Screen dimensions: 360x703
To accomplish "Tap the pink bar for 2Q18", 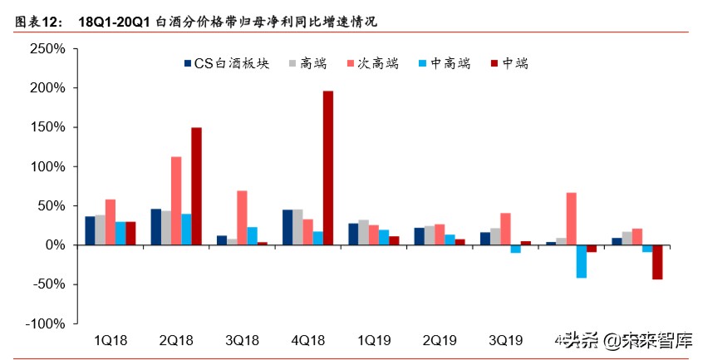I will (x=176, y=200).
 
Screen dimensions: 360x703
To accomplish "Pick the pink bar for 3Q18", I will (x=243, y=218).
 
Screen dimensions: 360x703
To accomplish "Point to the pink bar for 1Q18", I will (x=111, y=222).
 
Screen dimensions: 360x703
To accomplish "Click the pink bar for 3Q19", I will (x=505, y=229).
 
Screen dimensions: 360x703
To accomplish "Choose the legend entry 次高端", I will (x=378, y=64).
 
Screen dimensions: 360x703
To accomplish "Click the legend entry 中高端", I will (x=449, y=64).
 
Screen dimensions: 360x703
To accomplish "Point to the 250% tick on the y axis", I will (x=47, y=49).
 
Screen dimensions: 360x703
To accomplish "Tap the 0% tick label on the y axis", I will (x=55, y=245).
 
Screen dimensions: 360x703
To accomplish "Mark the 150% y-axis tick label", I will (x=47, y=127).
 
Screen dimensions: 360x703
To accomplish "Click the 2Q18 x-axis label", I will (x=176, y=340).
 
